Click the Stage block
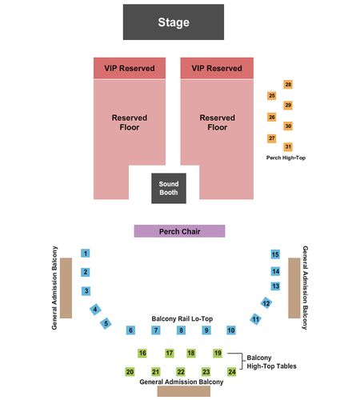pos(174,22)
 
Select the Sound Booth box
pos(169,188)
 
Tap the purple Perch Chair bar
pos(179,231)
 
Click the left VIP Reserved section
pos(130,68)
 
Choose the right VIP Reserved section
pos(217,68)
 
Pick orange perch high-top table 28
pos(288,85)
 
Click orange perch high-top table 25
pos(272,95)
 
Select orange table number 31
pos(288,146)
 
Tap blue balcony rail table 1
pos(86,253)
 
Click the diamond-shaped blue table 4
pos(95,310)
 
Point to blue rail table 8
pos(181,330)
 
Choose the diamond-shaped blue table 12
pos(266,303)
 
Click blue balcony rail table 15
pos(275,254)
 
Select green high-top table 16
pos(142,353)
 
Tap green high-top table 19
pos(218,353)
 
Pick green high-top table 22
pos(181,372)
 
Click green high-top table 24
pos(232,372)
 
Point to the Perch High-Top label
pos(286,158)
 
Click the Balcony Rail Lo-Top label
pos(182,318)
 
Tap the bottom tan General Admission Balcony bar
pos(184,391)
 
